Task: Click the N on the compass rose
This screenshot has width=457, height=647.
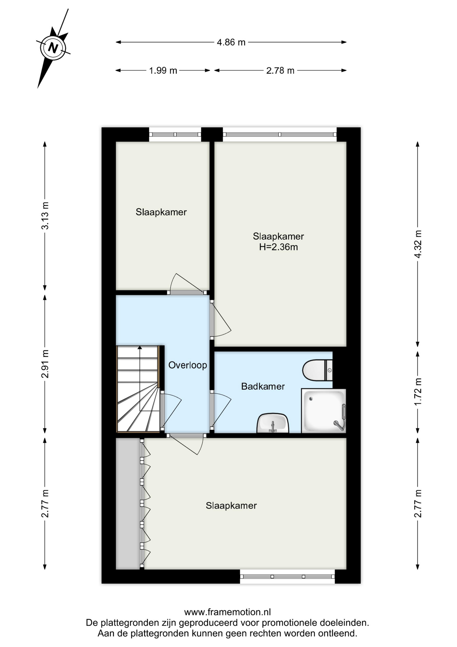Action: pyautogui.click(x=53, y=48)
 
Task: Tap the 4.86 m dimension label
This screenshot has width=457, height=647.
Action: pyautogui.click(x=231, y=42)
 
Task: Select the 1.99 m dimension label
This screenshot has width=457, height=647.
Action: pyautogui.click(x=163, y=71)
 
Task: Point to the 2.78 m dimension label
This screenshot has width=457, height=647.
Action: pyautogui.click(x=280, y=71)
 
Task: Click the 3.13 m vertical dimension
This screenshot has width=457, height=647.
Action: pyautogui.click(x=45, y=216)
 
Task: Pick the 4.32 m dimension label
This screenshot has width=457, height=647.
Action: pyautogui.click(x=418, y=244)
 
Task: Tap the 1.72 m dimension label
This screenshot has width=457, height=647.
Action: pyautogui.click(x=418, y=392)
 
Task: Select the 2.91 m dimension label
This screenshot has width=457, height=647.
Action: pyautogui.click(x=45, y=364)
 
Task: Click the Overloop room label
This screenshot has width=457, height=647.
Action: pyautogui.click(x=187, y=365)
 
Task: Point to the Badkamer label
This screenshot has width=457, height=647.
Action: pyautogui.click(x=263, y=387)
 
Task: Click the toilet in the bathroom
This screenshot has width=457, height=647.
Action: pyautogui.click(x=317, y=370)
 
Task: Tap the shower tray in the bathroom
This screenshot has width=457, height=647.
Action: pyautogui.click(x=324, y=411)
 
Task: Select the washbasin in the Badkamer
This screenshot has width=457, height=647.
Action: pyautogui.click(x=273, y=423)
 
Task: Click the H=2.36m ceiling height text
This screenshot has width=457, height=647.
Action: pyautogui.click(x=278, y=247)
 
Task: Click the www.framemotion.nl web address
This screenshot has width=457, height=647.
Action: pyautogui.click(x=227, y=612)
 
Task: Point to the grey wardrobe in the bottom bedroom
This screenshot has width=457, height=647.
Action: pyautogui.click(x=128, y=504)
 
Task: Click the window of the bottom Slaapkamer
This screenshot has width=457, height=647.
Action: pyautogui.click(x=287, y=577)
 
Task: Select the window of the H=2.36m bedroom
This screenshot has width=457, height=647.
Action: pyautogui.click(x=280, y=134)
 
